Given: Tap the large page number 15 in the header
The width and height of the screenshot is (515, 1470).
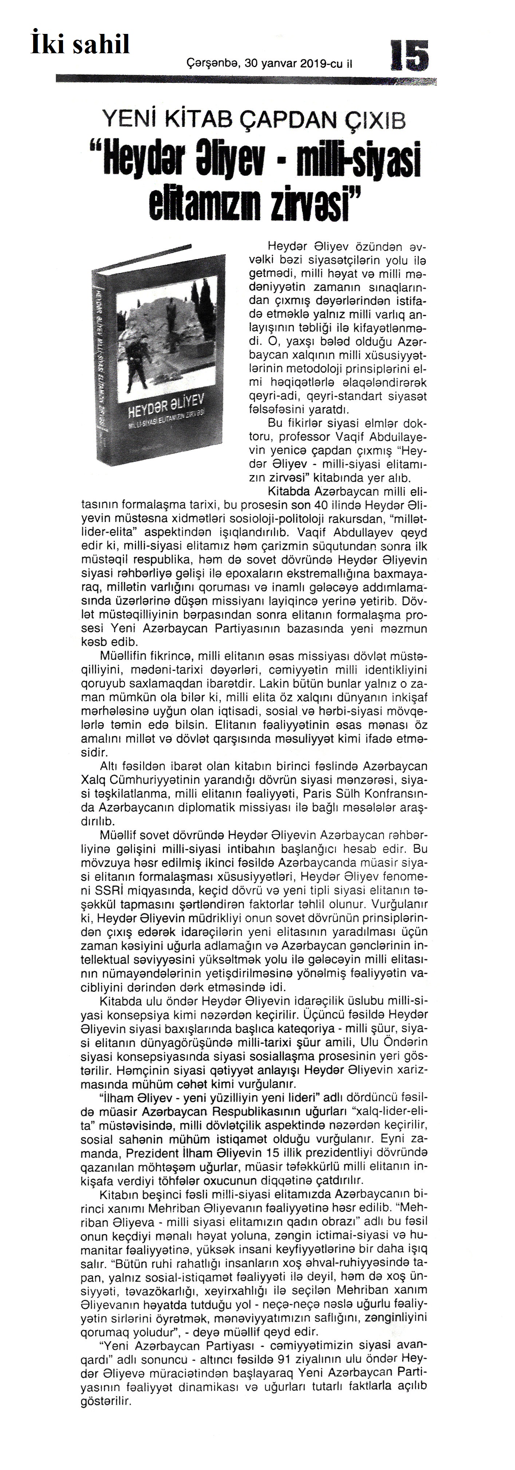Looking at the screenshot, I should click(x=409, y=55).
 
